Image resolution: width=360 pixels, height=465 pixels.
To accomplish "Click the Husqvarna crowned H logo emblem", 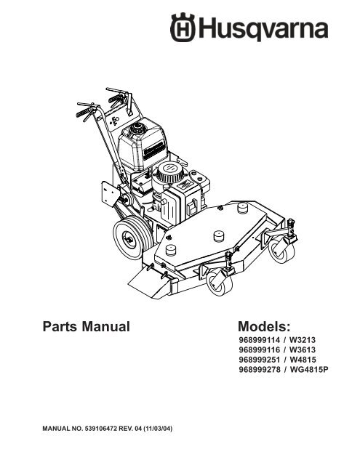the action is pyautogui.click(x=183, y=28).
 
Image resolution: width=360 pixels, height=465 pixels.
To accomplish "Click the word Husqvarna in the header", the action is pyautogui.click(x=263, y=29).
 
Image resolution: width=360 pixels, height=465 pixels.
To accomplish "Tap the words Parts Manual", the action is pyautogui.click(x=87, y=326).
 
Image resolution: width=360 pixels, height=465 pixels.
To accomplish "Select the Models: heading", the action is pyautogui.click(x=264, y=326).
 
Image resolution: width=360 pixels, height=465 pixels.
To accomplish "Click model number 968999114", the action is pyautogui.click(x=260, y=340).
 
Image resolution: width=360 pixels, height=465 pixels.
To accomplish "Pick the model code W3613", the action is pyautogui.click(x=303, y=350).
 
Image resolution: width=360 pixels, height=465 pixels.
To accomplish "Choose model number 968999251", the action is pyautogui.click(x=260, y=360).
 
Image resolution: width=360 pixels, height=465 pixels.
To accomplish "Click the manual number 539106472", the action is pyautogui.click(x=101, y=429).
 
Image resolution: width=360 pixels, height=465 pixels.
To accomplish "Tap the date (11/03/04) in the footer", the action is pyautogui.click(x=158, y=429).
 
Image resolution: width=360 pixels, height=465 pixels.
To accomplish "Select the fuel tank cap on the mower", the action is pyautogui.click(x=137, y=128).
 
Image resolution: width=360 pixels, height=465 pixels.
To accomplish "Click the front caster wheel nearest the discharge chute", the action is pyautogui.click(x=220, y=282).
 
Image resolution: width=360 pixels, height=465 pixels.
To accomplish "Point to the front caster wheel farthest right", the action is pyautogui.click(x=281, y=251).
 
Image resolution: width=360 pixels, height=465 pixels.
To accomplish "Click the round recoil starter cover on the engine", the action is pyautogui.click(x=169, y=173).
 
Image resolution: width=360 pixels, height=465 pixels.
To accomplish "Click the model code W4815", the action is pyautogui.click(x=303, y=360).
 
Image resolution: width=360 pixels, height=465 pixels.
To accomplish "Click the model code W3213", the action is pyautogui.click(x=303, y=340).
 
